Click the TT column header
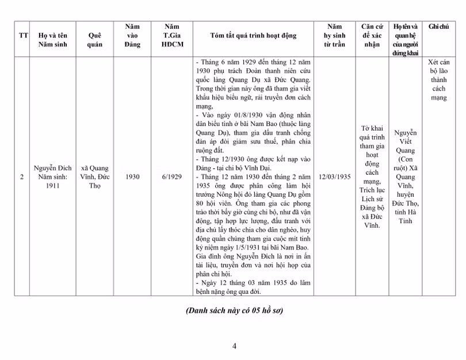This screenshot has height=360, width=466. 23,36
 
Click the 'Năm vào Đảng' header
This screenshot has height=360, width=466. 132,36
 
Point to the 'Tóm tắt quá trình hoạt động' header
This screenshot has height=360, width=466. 254,36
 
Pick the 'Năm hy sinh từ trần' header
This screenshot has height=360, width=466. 334,36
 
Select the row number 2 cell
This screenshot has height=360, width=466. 22,177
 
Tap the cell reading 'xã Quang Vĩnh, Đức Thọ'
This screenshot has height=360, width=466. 95,177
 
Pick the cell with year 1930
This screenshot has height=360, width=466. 132,177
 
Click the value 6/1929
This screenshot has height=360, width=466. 171,177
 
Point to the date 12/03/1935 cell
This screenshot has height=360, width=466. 334,177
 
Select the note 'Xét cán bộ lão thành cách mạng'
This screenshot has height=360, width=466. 438,80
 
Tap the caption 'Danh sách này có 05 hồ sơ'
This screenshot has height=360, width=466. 234,311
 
